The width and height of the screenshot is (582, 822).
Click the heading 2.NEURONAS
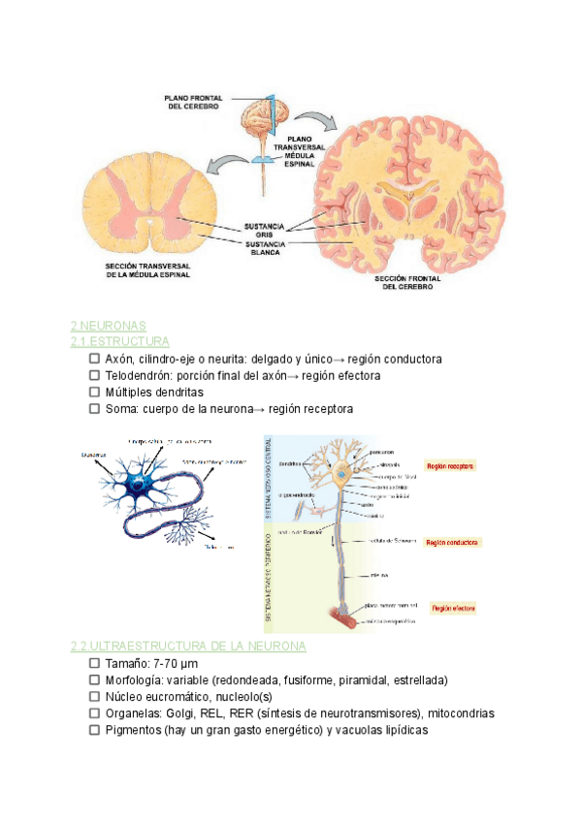coord(107,326)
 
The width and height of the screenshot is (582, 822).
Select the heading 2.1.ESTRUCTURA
coord(119,342)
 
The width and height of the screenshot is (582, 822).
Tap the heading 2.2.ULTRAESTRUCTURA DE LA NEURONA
coord(188,646)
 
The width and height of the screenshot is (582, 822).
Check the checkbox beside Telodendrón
coord(94,376)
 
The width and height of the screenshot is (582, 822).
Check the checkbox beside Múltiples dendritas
coord(94,393)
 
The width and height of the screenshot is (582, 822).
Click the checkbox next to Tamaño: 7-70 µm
coord(94,664)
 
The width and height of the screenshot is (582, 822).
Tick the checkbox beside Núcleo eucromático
coord(94,697)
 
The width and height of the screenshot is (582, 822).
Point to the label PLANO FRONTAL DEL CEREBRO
coord(193,102)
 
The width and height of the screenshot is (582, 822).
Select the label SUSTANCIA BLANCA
coord(263,248)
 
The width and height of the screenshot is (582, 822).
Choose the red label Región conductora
coord(453,543)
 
